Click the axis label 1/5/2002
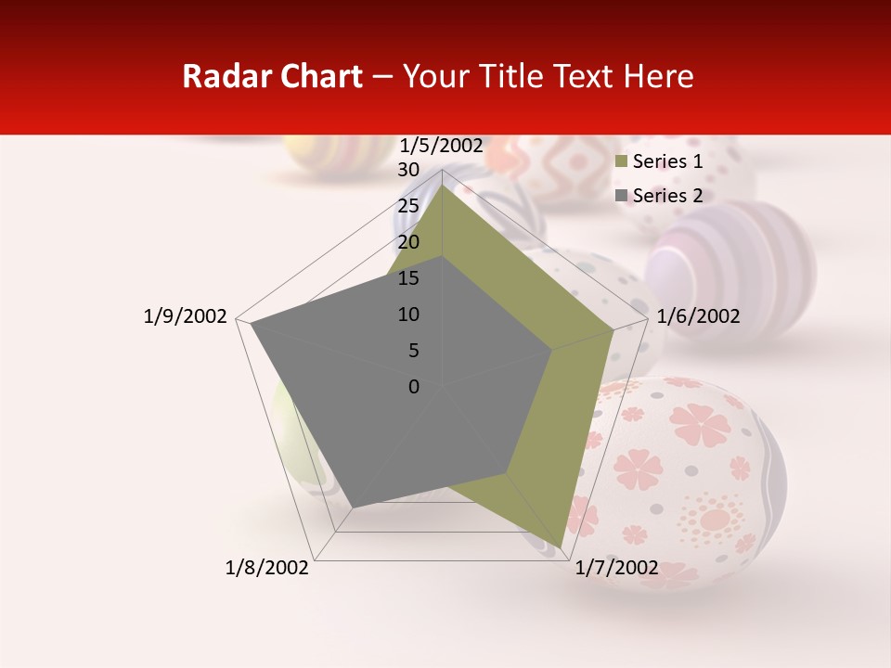pyautogui.click(x=441, y=145)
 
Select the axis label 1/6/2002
pyautogui.click(x=698, y=316)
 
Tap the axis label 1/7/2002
pyautogui.click(x=616, y=568)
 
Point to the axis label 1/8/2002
pyautogui.click(x=267, y=568)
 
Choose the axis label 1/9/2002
pyautogui.click(x=186, y=316)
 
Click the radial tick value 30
pyautogui.click(x=408, y=170)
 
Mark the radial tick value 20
pyautogui.click(x=408, y=242)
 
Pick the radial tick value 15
pyautogui.click(x=408, y=278)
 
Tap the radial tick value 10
pyautogui.click(x=408, y=315)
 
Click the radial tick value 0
pyautogui.click(x=414, y=387)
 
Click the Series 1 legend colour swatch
pyautogui.click(x=622, y=162)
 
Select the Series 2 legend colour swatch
pyautogui.click(x=622, y=196)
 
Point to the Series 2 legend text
pyautogui.click(x=667, y=196)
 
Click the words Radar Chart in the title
pyautogui.click(x=272, y=77)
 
